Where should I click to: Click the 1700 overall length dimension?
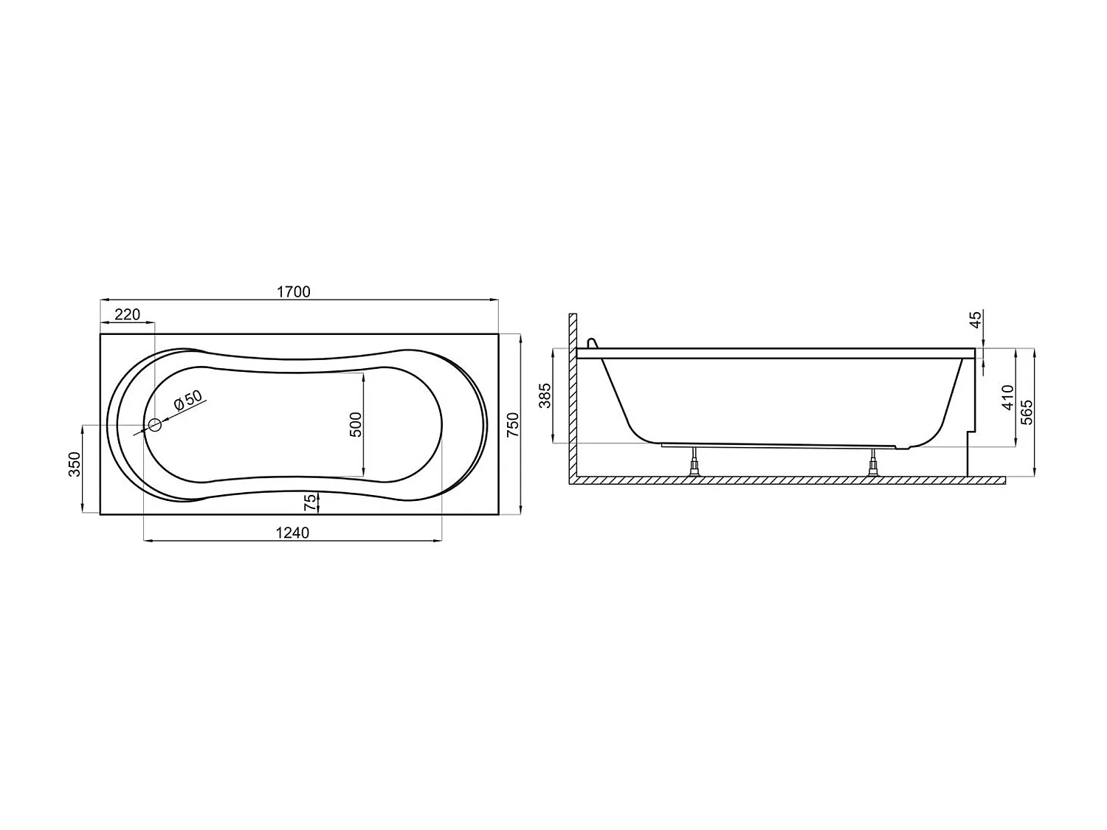click(x=293, y=291)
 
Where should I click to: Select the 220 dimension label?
click(x=127, y=315)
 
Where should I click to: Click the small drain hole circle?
click(x=155, y=425)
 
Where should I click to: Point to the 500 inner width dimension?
click(x=355, y=425)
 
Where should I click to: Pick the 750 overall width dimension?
click(x=513, y=425)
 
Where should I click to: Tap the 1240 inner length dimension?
click(x=292, y=533)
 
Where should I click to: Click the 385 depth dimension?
click(x=545, y=396)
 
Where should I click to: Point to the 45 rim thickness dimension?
click(x=975, y=319)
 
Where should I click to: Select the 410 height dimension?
click(x=1008, y=398)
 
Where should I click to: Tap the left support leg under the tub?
click(x=694, y=463)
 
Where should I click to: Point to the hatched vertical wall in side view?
click(x=572, y=398)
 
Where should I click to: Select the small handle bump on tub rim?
click(x=590, y=343)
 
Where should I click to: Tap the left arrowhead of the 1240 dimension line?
click(x=147, y=542)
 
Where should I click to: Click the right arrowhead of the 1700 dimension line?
click(x=494, y=300)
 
